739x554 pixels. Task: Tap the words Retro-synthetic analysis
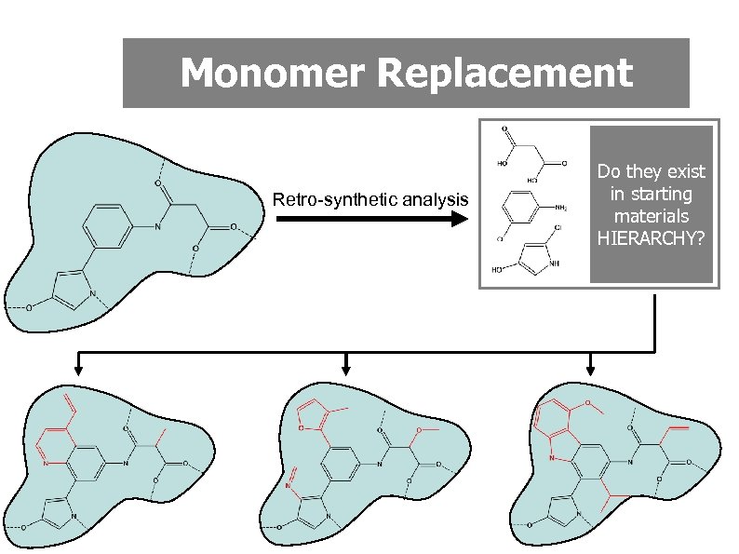[369, 199]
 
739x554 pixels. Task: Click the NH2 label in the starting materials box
[560, 209]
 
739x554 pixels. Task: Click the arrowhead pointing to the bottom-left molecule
[80, 371]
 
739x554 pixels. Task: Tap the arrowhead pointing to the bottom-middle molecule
[346, 371]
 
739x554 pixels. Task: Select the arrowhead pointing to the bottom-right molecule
[590, 371]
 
